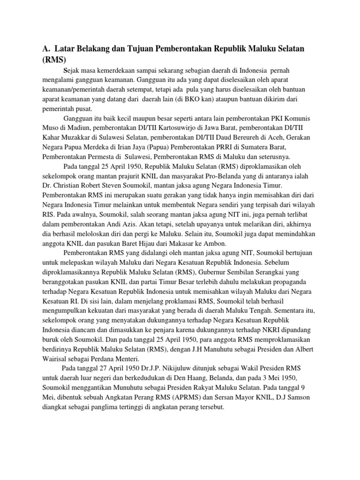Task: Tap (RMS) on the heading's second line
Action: point(54,60)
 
